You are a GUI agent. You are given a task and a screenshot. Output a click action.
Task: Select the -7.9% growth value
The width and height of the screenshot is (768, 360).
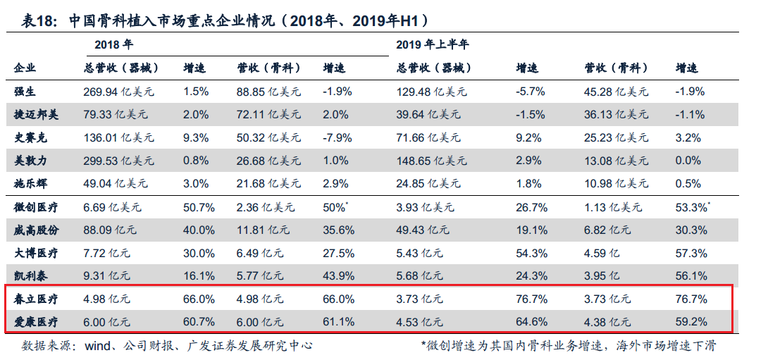(336, 137)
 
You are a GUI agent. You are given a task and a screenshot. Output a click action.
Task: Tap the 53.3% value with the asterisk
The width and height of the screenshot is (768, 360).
(693, 207)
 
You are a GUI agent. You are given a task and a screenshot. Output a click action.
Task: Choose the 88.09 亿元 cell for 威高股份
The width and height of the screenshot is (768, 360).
(109, 230)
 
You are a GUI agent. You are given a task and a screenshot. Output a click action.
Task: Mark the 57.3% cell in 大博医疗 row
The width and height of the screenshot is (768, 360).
(691, 253)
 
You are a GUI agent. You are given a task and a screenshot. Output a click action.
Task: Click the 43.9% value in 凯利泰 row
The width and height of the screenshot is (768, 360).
(337, 276)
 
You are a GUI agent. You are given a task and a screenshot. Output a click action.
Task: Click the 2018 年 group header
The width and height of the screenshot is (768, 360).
(113, 45)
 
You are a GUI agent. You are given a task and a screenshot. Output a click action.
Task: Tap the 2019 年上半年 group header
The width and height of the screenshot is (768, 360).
(432, 45)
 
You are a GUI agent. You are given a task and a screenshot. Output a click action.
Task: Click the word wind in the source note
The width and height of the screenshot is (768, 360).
(98, 346)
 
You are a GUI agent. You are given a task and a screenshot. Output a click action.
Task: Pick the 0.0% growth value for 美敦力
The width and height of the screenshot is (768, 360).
(688, 161)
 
